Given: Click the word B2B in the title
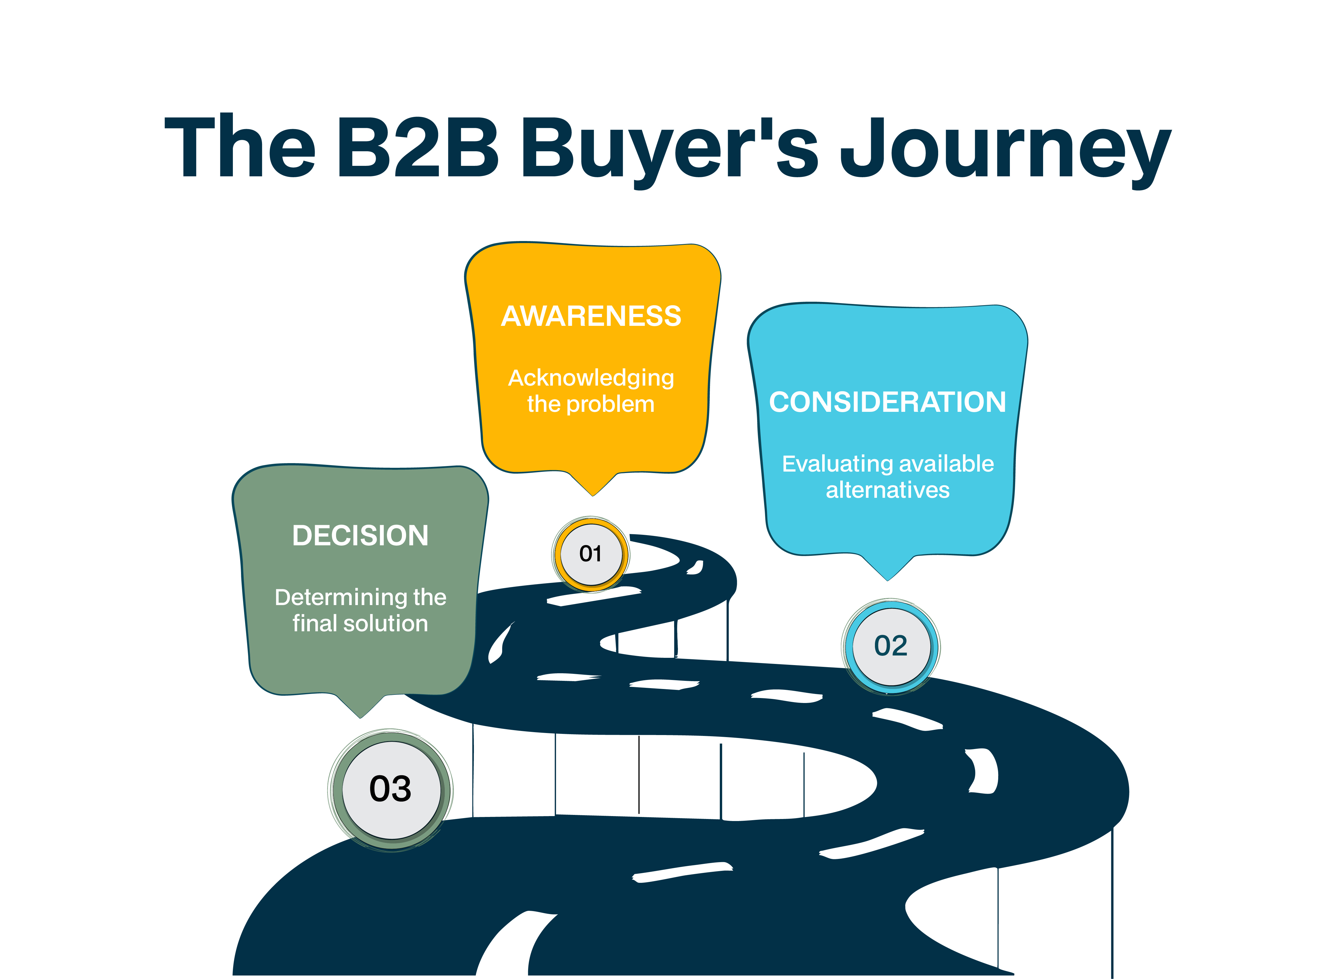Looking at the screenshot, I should (x=418, y=146).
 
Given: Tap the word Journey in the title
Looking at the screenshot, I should (x=1005, y=148).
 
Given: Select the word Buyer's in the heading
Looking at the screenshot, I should (x=669, y=148).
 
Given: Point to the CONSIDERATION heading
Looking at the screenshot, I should (x=887, y=402).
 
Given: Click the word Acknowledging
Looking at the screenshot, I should (x=591, y=378).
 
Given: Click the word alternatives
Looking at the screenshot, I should (x=887, y=490).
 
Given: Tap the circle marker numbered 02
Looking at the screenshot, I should (x=890, y=646).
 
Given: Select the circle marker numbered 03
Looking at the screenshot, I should (x=391, y=789).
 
